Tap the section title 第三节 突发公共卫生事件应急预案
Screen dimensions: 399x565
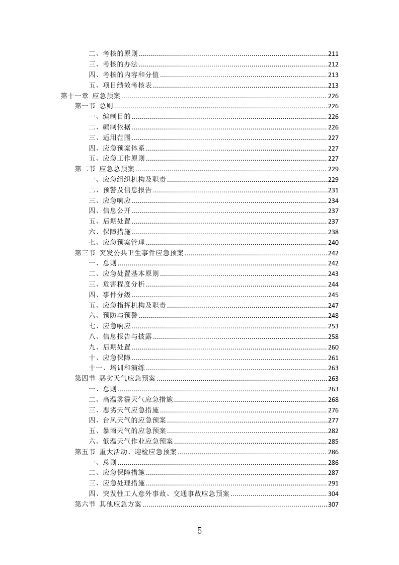[129, 253]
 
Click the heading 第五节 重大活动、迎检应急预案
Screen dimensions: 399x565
[125, 452]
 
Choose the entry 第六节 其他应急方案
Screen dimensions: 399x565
[108, 504]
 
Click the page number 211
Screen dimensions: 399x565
[333, 54]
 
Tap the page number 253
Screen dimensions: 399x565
[333, 326]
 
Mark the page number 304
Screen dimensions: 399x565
[333, 494]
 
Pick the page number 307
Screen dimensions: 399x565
[333, 504]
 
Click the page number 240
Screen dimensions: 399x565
[333, 243]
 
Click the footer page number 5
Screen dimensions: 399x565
[200, 530]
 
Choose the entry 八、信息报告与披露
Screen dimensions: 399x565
[120, 336]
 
